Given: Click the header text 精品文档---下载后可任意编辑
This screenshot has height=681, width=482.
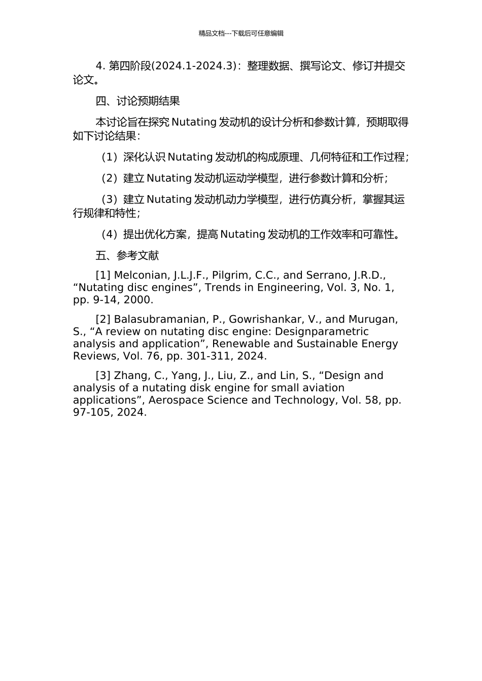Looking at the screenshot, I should pyautogui.click(x=241, y=33).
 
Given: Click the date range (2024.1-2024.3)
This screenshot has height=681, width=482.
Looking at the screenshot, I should pyautogui.click(x=195, y=66).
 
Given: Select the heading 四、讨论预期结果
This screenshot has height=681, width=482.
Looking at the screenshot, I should pyautogui.click(x=137, y=101).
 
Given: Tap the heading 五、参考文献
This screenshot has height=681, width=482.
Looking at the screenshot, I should pyautogui.click(x=127, y=256).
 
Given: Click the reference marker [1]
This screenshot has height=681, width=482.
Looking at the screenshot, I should pyautogui.click(x=103, y=276).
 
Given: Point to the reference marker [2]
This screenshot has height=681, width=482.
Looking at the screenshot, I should pyautogui.click(x=103, y=320).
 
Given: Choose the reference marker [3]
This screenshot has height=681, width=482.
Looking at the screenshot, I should pyautogui.click(x=103, y=376).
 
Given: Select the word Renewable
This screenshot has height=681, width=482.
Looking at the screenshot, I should pyautogui.click(x=238, y=344).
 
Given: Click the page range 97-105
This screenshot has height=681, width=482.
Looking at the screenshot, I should pyautogui.click(x=91, y=412).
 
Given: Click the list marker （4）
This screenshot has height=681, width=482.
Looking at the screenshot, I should pyautogui.click(x=110, y=235).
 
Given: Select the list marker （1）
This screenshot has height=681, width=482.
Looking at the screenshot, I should pyautogui.click(x=110, y=158).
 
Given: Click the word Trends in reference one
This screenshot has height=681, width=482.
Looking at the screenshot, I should pyautogui.click(x=222, y=288).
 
